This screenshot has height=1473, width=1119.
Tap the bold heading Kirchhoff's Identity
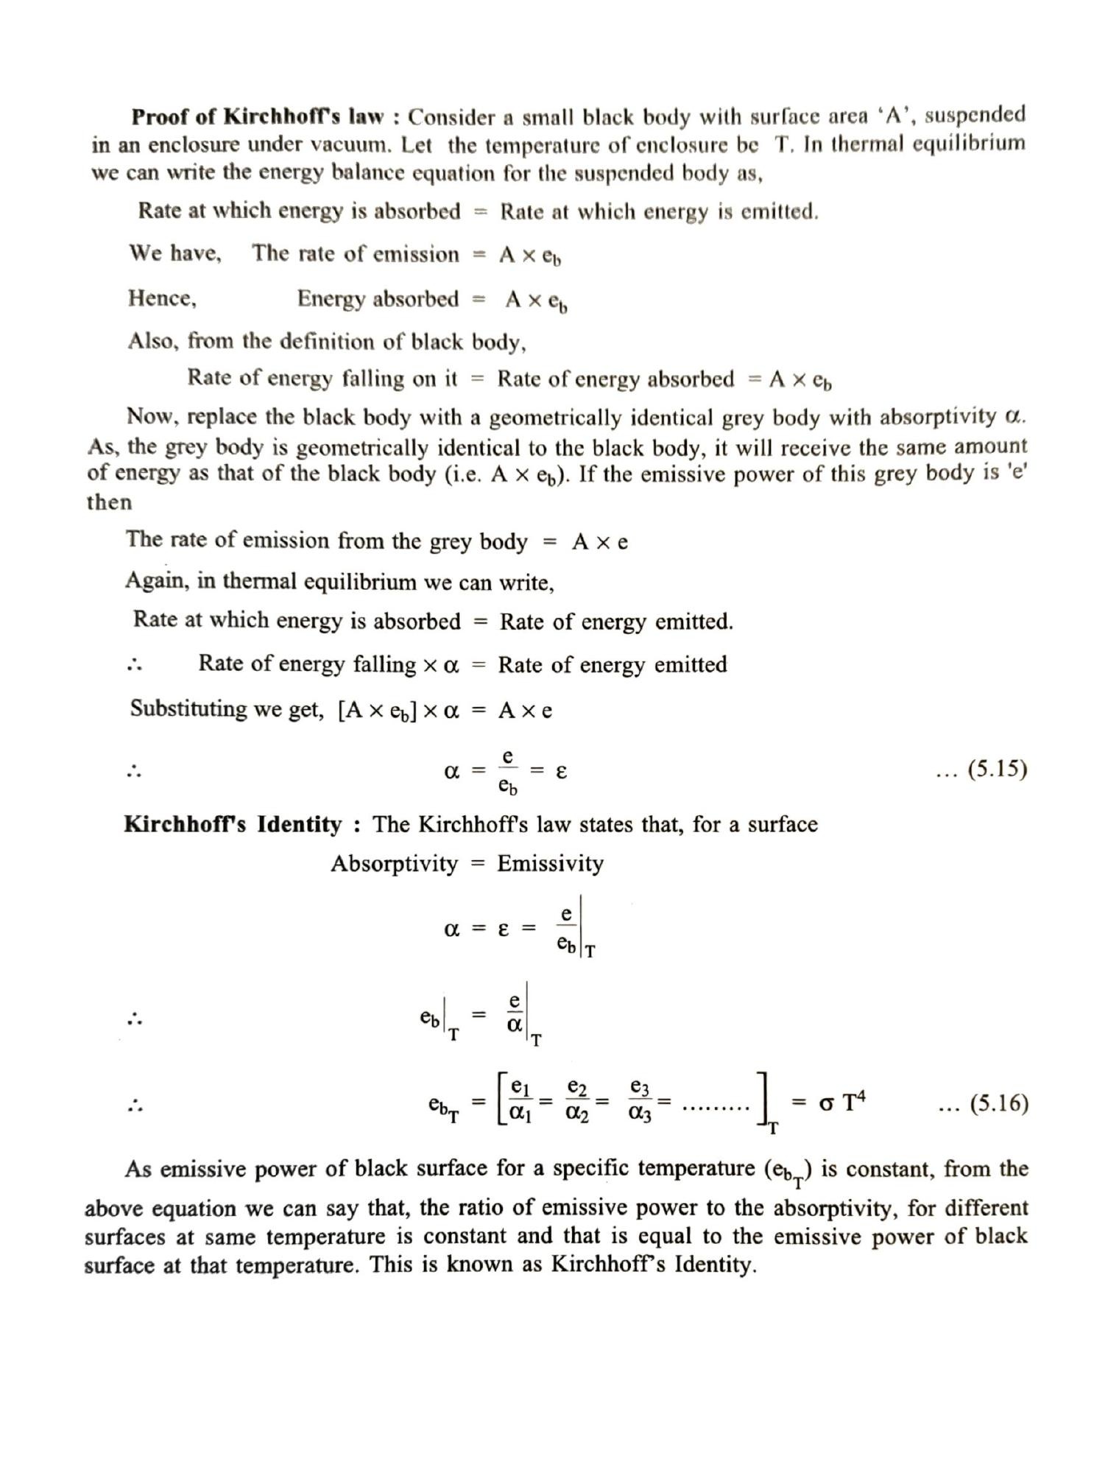pyautogui.click(x=233, y=823)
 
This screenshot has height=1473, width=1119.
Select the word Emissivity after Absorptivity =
pyautogui.click(x=550, y=863)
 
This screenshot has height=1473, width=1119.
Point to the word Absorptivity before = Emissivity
pyautogui.click(x=394, y=863)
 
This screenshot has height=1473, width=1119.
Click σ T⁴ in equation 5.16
pyautogui.click(x=841, y=1103)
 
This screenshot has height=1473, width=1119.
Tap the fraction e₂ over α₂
pyautogui.click(x=577, y=1101)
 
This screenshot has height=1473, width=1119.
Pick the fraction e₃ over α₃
pyautogui.click(x=640, y=1101)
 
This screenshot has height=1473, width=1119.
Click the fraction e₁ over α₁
pyautogui.click(x=520, y=1101)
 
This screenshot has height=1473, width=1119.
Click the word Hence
pyautogui.click(x=162, y=298)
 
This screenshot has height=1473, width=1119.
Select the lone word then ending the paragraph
pyautogui.click(x=109, y=502)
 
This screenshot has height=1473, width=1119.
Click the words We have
pyautogui.click(x=175, y=253)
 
